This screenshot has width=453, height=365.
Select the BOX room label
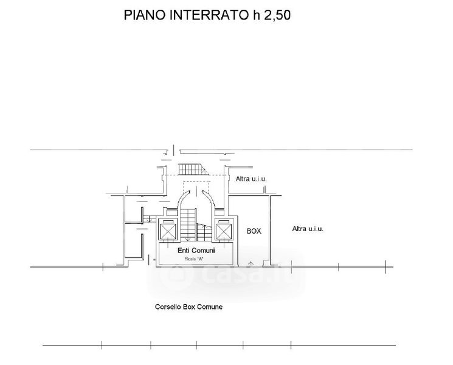pos(254,231)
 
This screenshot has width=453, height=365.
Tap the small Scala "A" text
pos(195,259)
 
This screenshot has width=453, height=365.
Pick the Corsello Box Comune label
pos(189,307)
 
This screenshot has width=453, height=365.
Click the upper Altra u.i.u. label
pos(251,179)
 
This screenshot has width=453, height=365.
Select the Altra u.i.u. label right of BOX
pos(307,229)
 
